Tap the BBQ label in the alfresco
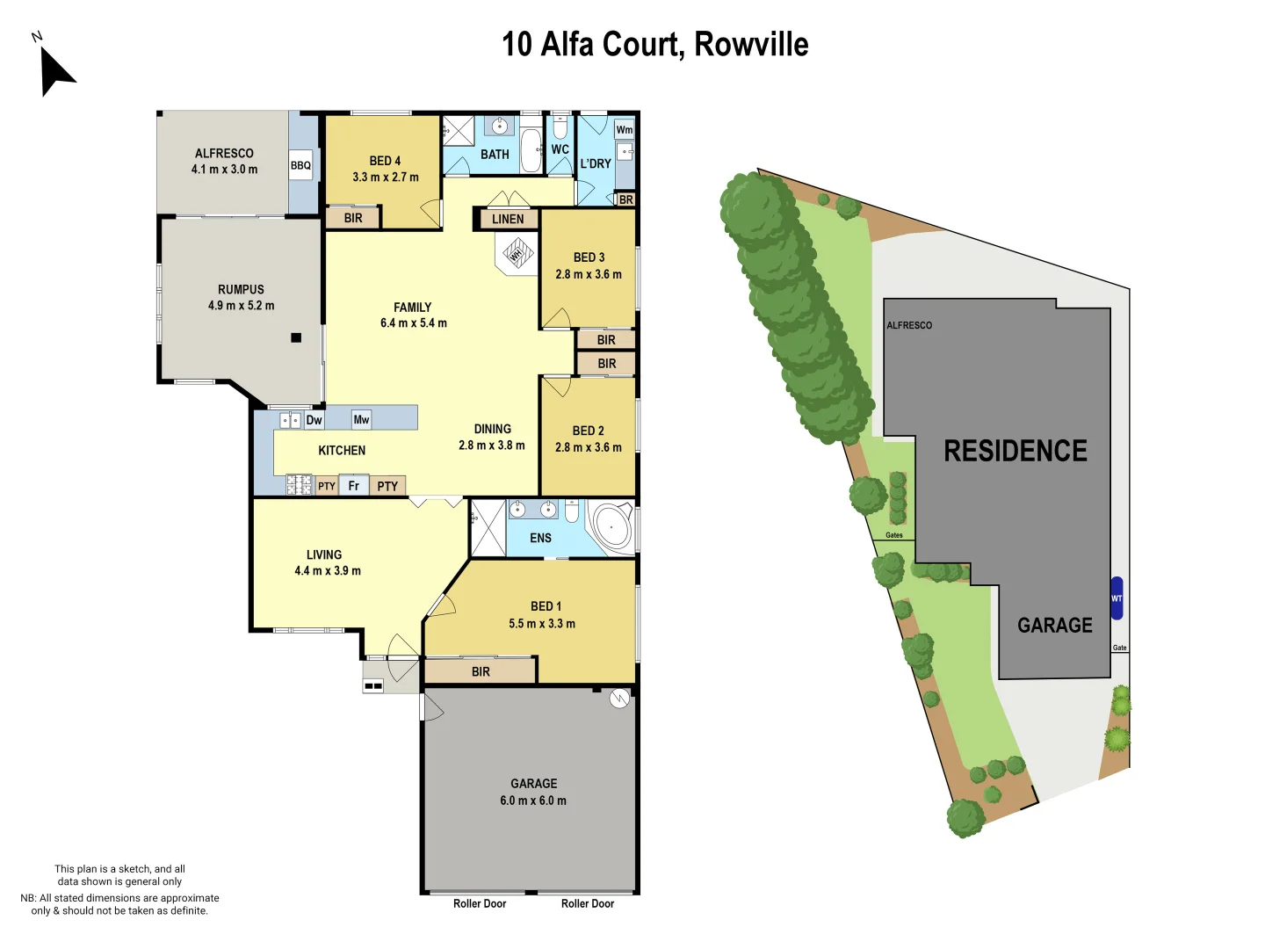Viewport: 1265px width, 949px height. coord(300,165)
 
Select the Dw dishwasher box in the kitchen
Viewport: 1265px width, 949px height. coord(314,420)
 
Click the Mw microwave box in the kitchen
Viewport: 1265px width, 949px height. coord(361,420)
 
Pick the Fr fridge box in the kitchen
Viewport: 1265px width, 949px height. coord(354,485)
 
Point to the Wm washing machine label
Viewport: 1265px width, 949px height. coord(625,130)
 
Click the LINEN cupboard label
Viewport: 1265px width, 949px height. coord(508,219)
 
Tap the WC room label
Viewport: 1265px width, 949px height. coord(560,149)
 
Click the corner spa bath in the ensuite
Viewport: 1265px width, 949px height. coord(611,527)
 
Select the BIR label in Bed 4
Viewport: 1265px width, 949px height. coord(353,218)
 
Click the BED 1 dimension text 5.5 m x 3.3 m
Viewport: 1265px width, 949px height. coord(542,624)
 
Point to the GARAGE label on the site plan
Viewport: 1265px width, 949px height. coord(1054,626)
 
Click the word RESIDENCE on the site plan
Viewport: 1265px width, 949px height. coord(1016,451)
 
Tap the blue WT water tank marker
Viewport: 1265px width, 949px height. coord(1117,598)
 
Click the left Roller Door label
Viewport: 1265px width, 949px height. coord(480,903)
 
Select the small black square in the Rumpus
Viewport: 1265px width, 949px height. coord(296,337)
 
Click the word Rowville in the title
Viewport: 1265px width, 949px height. coord(751,44)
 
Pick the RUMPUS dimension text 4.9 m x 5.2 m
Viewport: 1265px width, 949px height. coord(241,306)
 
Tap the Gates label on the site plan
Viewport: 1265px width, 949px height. coord(894,535)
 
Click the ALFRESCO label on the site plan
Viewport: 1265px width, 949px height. coord(909,325)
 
